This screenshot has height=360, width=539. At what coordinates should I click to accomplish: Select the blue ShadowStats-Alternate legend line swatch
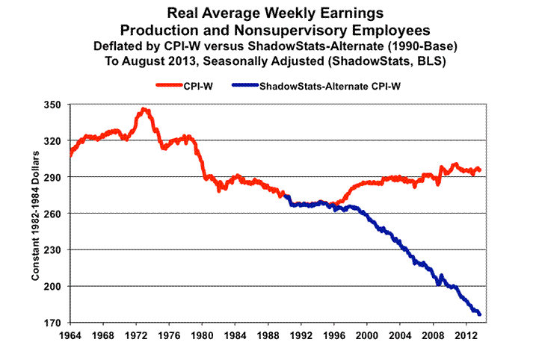pyautogui.click(x=239, y=87)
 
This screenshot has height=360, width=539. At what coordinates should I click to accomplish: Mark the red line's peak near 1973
pyautogui.click(x=144, y=109)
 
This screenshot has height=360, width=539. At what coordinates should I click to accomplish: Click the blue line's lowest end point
pyautogui.click(x=479, y=314)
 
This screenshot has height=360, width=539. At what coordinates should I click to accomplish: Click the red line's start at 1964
pyautogui.click(x=69, y=155)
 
